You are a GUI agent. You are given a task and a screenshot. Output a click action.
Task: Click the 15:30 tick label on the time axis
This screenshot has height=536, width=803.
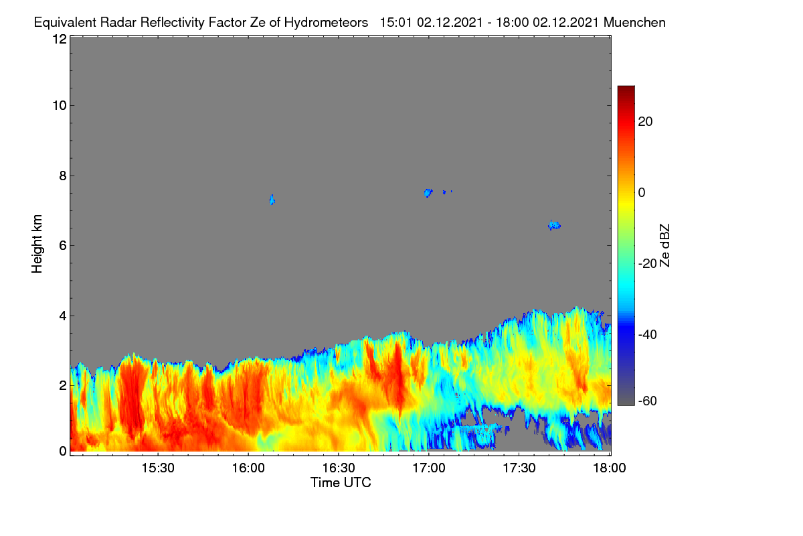(158, 468)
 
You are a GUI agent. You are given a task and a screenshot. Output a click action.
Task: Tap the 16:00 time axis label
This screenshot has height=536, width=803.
(248, 468)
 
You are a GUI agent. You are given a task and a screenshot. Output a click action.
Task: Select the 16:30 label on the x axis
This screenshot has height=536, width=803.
(339, 468)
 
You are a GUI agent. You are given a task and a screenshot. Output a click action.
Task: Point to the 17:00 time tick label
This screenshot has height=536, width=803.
(429, 468)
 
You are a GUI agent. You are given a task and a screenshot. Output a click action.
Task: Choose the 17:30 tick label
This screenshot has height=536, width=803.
(519, 468)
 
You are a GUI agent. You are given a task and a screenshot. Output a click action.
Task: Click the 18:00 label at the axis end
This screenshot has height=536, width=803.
(610, 468)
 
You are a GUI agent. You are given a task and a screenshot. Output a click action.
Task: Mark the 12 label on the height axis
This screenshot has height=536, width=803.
(60, 39)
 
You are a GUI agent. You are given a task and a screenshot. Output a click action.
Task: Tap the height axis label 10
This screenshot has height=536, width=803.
(60, 106)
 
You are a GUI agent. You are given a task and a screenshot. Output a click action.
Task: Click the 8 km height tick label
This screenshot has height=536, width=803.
(63, 176)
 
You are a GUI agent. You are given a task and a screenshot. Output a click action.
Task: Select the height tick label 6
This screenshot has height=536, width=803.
(63, 246)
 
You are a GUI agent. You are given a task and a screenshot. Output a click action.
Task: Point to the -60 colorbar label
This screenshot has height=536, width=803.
(648, 401)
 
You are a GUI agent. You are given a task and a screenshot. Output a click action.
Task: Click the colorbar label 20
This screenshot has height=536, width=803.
(645, 122)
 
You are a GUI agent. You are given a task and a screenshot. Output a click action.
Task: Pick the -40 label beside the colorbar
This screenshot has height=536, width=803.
(648, 334)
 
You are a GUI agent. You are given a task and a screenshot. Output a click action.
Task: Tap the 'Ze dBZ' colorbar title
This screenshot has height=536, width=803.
(664, 246)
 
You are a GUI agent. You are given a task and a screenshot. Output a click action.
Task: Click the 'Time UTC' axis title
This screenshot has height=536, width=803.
(341, 482)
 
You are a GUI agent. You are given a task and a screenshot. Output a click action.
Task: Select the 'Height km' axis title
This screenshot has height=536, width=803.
(37, 244)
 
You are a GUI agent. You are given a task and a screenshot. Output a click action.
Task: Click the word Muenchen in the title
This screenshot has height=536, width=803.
(634, 22)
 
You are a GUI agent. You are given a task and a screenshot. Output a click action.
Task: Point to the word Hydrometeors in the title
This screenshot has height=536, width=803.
(326, 23)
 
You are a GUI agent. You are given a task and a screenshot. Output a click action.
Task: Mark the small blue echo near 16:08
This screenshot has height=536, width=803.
(272, 200)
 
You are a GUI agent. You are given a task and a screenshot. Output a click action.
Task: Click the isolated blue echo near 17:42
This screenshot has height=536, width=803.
(554, 225)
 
